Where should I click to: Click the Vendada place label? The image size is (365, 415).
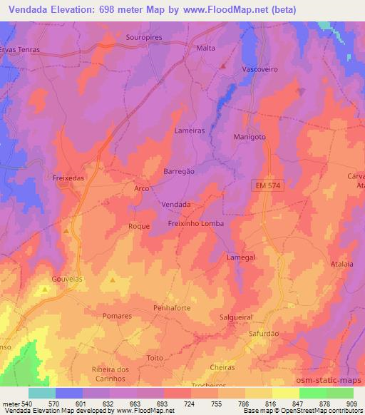tap(176, 204)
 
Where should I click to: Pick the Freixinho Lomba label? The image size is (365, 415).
tap(196, 223)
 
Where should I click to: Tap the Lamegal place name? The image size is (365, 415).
tap(240, 257)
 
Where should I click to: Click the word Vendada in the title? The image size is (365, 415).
tap(31, 9)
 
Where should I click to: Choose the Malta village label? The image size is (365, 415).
tap(205, 49)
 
